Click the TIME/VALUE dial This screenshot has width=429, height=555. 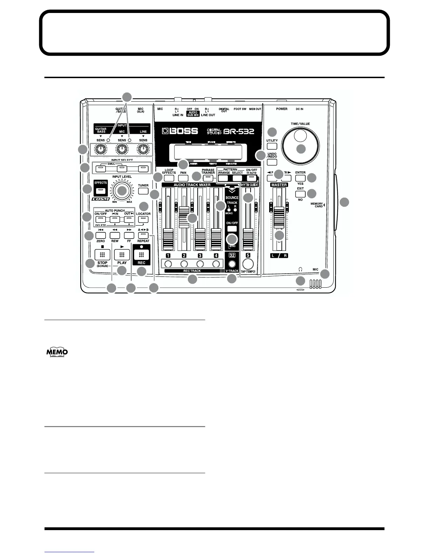point(301,144)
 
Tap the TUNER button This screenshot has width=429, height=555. point(143,191)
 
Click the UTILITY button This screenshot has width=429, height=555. point(272,146)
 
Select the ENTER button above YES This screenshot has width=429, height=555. point(300,178)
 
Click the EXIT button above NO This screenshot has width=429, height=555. point(300,194)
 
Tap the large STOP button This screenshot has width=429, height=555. point(102,255)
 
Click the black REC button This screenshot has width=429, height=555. point(142,255)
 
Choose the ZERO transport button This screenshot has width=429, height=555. point(101,235)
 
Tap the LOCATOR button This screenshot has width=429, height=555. point(143,220)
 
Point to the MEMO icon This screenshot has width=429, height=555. point(57,352)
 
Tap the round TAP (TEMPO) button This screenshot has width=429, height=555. point(248,263)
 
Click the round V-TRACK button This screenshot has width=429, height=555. point(232,264)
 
